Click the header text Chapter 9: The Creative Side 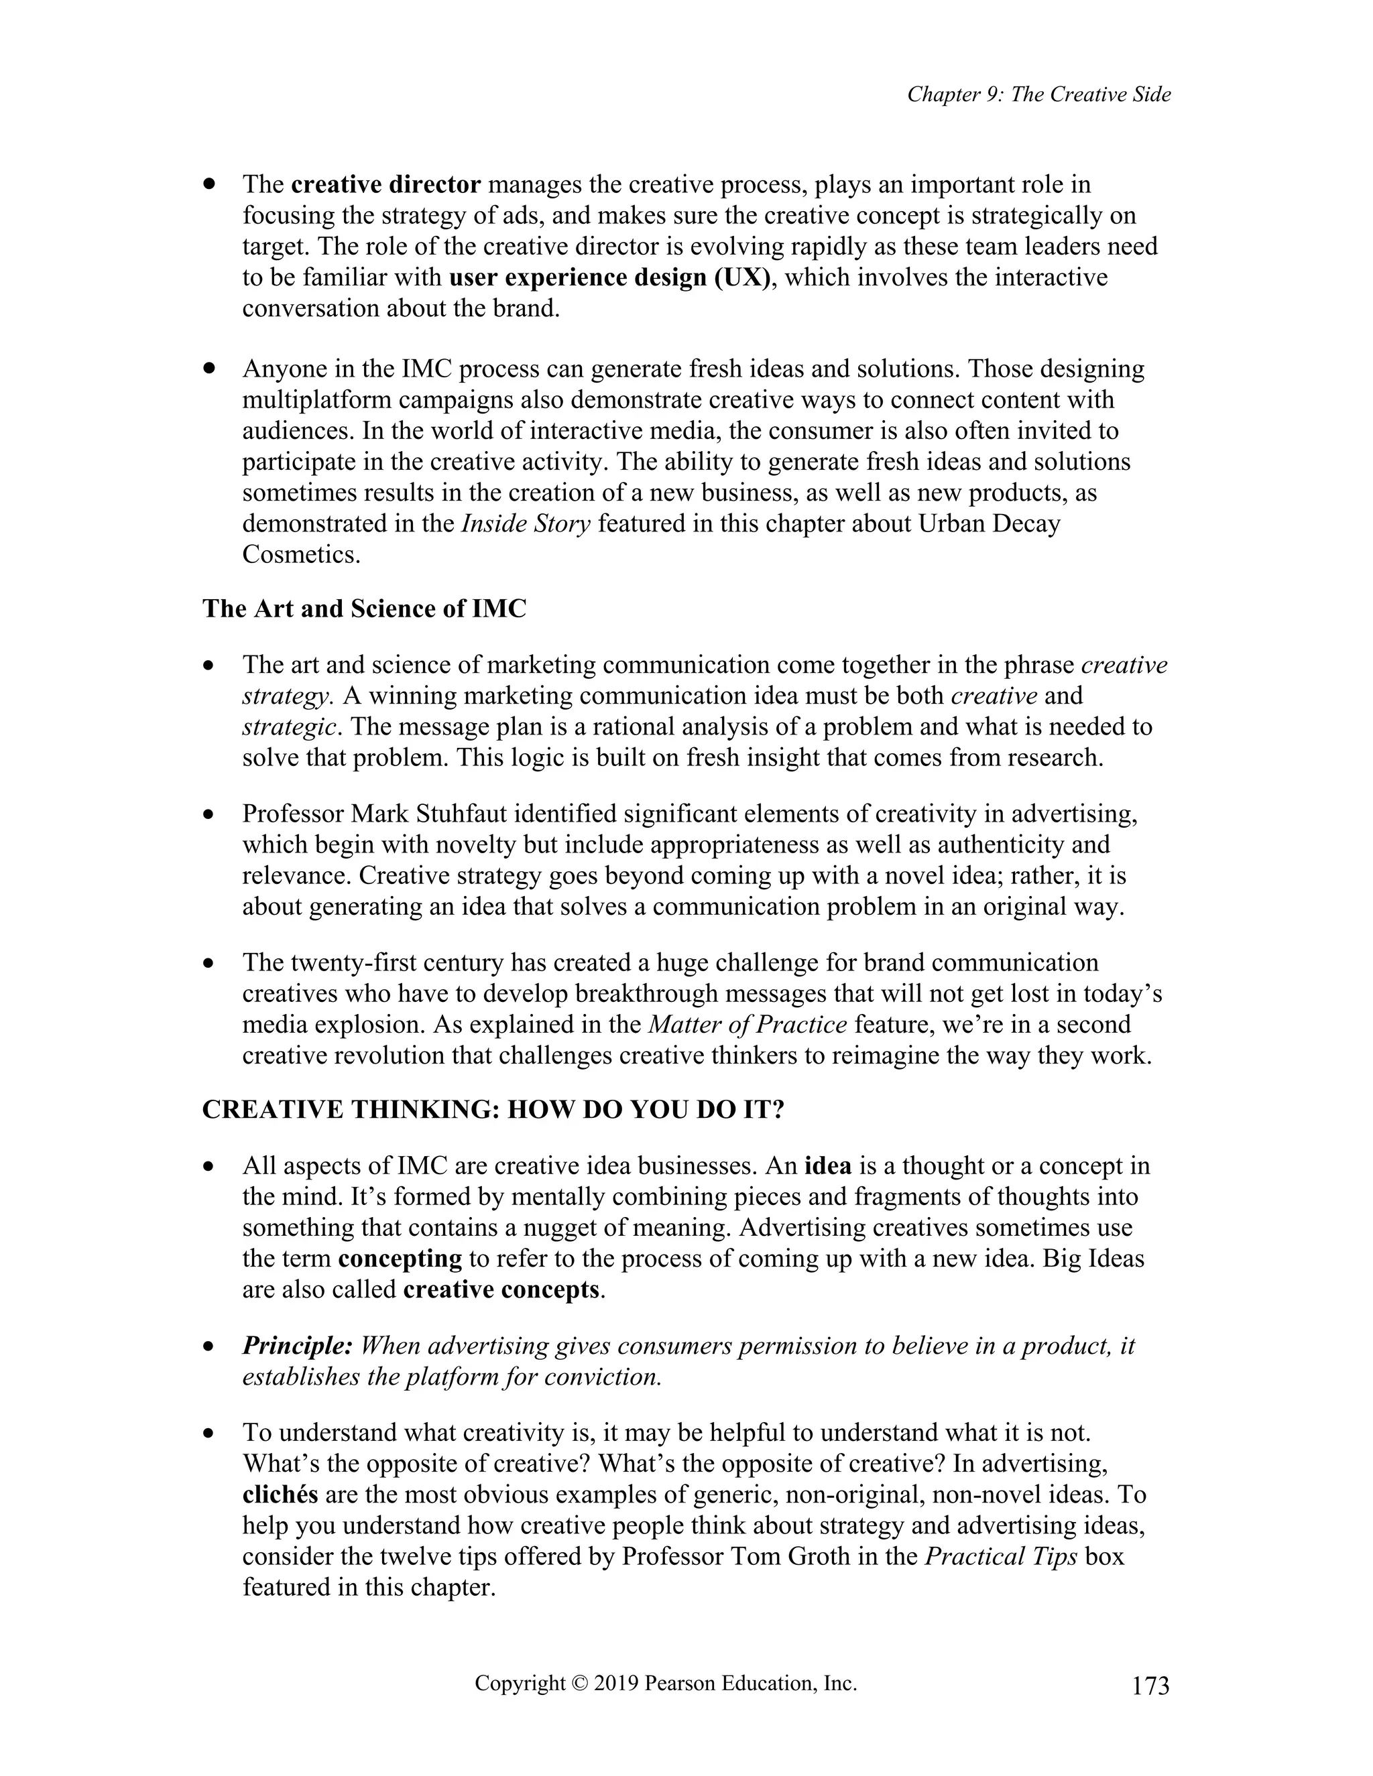[1038, 95]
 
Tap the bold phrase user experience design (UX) [610, 277]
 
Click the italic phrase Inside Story [526, 523]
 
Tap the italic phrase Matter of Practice [748, 1025]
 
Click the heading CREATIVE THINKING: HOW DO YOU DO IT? [493, 1110]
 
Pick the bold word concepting [400, 1259]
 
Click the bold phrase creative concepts [501, 1289]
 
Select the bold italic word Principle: [297, 1346]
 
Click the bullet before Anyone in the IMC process [210, 369]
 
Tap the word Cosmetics [301, 555]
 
